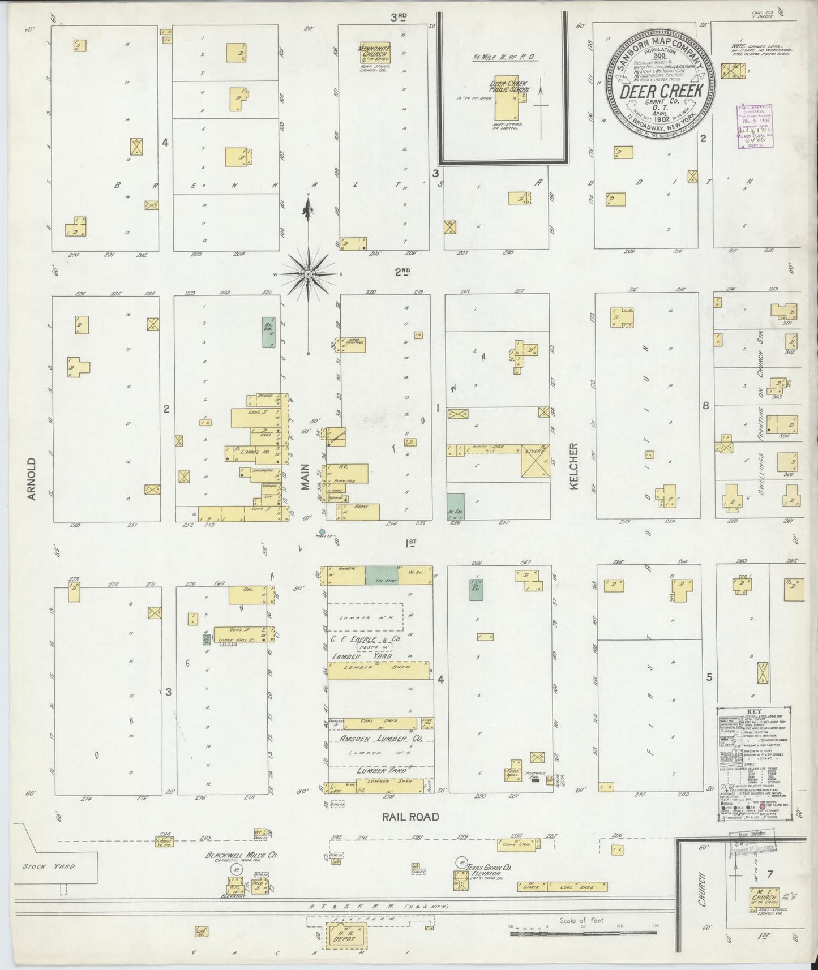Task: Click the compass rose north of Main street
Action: pos(308,274)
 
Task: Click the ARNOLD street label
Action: pos(32,479)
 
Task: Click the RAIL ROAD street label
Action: pos(410,817)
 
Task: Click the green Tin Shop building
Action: pos(382,575)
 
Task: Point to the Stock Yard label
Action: pos(49,866)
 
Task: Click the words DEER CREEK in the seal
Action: pos(661,91)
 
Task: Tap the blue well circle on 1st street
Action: pos(323,531)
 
